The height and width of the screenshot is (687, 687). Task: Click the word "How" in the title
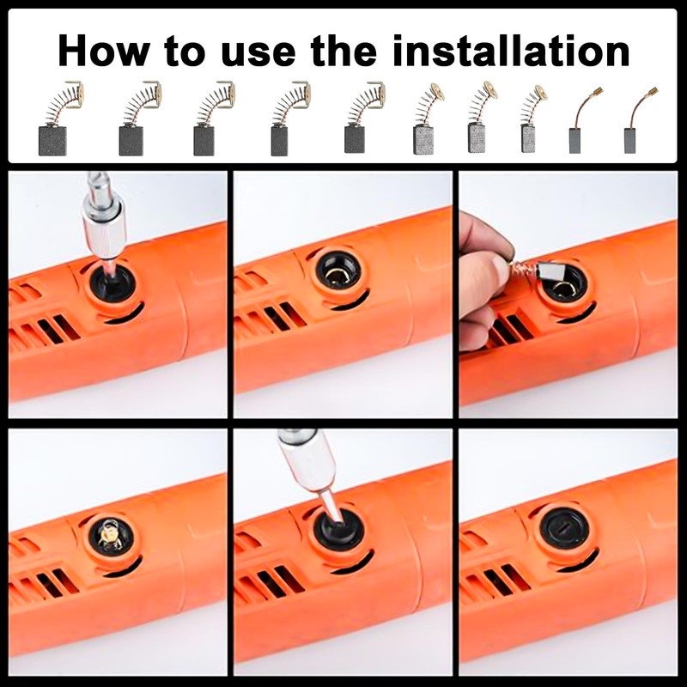tap(103, 51)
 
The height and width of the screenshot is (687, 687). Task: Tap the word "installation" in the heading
tap(511, 51)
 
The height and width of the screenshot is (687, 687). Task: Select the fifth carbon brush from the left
tap(364, 118)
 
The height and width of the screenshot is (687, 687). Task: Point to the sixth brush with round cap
tap(428, 119)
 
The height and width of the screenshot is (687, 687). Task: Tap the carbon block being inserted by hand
tap(549, 271)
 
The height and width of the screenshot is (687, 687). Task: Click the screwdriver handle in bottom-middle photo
tap(308, 460)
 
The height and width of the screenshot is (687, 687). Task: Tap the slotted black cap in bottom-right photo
tap(564, 528)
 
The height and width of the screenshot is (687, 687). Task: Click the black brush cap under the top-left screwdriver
tap(112, 283)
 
